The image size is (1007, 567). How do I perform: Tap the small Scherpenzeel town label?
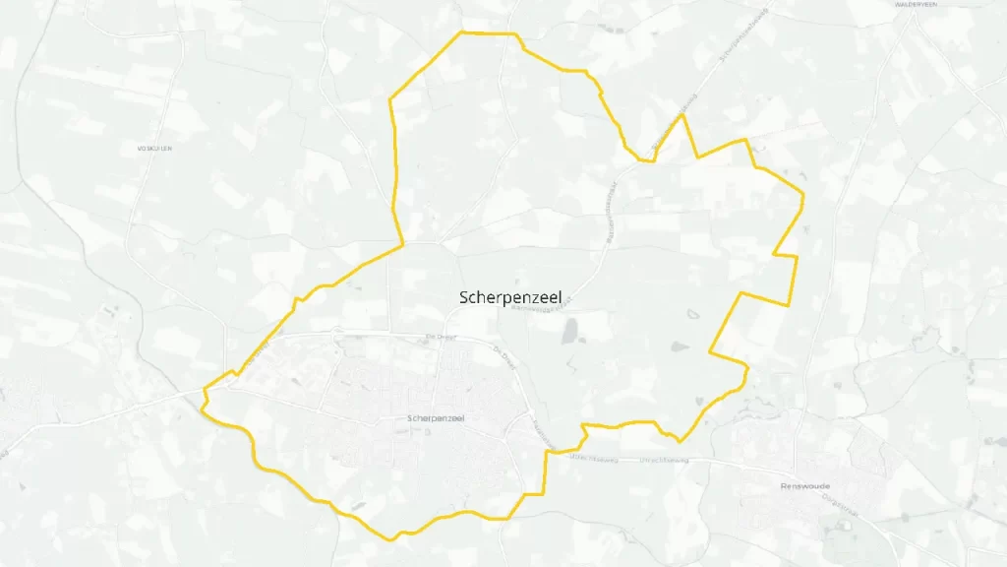coord(437,418)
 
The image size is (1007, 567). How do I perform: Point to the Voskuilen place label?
coord(155,149)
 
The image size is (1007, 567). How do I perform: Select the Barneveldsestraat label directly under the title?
coord(539,307)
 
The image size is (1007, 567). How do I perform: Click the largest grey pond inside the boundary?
coord(570,333)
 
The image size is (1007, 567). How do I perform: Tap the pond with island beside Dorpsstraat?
coord(844,525)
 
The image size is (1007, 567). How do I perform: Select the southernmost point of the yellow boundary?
coord(394,538)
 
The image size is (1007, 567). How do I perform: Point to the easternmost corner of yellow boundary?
coord(803,196)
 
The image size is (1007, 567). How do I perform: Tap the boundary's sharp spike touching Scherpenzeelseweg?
coord(681,116)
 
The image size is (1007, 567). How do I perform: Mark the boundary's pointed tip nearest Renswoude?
coord(680,441)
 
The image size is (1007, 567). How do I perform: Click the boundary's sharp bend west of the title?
coord(403,244)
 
